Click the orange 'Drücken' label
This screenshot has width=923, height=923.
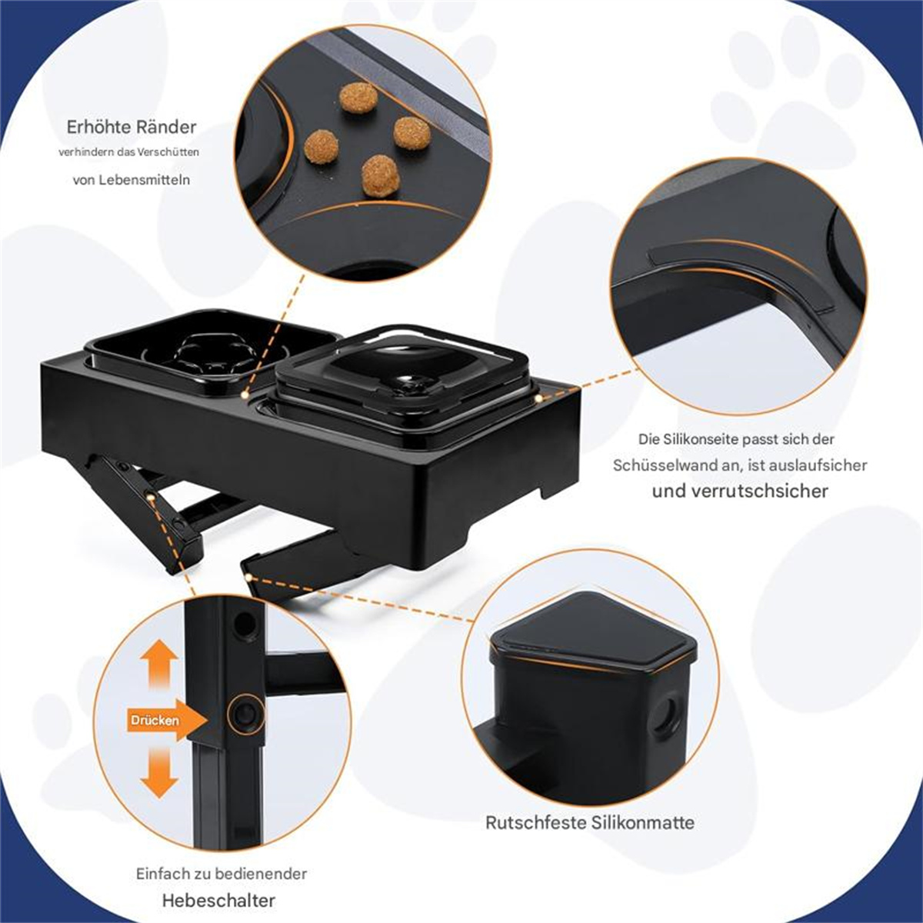pyautogui.click(x=155, y=721)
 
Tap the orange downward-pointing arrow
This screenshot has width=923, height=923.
pyautogui.click(x=159, y=772)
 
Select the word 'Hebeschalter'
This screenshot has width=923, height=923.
pyautogui.click(x=219, y=887)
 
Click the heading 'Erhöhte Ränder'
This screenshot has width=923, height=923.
pyautogui.click(x=132, y=128)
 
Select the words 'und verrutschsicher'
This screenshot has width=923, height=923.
pyautogui.click(x=740, y=491)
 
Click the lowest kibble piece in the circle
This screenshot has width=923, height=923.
pyautogui.click(x=380, y=177)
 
